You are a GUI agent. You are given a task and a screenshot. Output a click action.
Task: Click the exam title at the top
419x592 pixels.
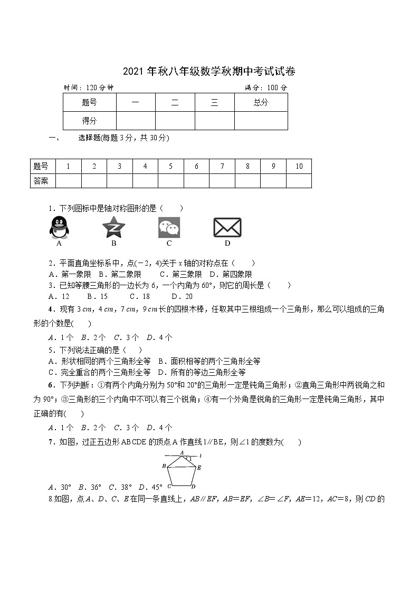(x=209, y=72)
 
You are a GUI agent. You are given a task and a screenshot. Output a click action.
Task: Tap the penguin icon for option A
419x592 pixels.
(x=59, y=227)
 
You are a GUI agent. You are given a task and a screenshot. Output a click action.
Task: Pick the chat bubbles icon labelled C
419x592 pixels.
(x=169, y=227)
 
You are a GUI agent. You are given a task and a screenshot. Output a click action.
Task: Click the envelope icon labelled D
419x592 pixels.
(x=227, y=227)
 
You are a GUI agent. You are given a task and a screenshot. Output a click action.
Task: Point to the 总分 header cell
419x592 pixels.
(x=261, y=103)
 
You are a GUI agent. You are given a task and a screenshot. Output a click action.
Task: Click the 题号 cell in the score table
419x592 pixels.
(x=89, y=103)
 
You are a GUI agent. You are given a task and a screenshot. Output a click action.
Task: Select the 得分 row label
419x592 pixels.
(x=89, y=121)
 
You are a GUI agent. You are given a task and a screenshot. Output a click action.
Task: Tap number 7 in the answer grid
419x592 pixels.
(x=222, y=166)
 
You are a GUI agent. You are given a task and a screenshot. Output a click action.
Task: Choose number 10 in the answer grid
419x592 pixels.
(x=299, y=166)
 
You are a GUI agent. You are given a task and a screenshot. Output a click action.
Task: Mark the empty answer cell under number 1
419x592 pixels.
(x=68, y=181)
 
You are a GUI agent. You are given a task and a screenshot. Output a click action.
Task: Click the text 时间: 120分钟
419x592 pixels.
(x=89, y=88)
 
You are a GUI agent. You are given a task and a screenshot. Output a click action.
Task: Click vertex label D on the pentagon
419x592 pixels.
(x=194, y=487)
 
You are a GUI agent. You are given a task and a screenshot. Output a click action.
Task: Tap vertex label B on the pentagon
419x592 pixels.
(x=164, y=465)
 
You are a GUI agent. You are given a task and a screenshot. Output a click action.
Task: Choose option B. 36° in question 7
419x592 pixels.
(x=89, y=487)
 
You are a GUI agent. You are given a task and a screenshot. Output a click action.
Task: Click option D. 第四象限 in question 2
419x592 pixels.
(x=231, y=274)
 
